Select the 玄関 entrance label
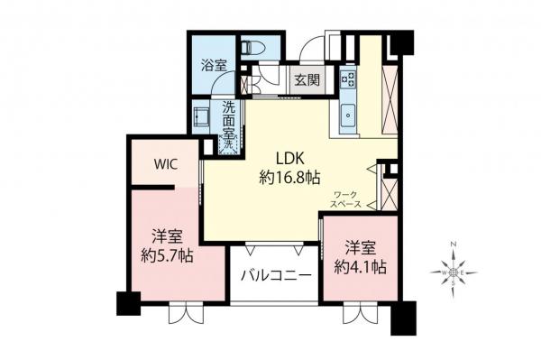click(305, 79)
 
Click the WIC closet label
click(164, 164)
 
